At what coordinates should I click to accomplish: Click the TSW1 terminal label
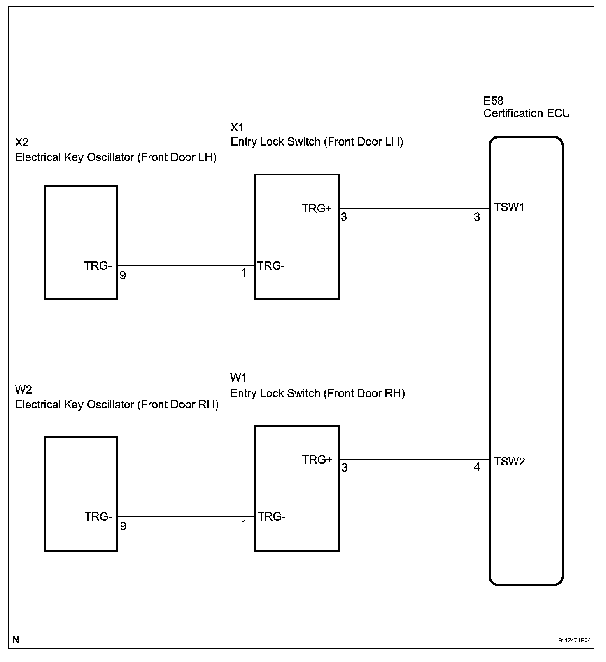pos(509,207)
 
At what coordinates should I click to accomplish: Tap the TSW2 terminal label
pos(510,462)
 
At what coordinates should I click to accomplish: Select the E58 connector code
pos(493,101)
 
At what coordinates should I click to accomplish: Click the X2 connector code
pos(22,143)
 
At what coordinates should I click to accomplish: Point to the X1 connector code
pos(237,127)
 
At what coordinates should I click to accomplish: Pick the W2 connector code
pos(23,390)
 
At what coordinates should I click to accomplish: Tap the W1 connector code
pos(238,378)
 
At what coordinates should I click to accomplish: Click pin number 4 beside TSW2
pos(477,467)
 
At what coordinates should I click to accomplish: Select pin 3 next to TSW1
pos(477,217)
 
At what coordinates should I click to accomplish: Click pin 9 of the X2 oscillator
pos(123,275)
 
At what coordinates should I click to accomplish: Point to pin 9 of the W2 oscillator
pos(123,526)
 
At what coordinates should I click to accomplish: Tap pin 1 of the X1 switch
pos(244,273)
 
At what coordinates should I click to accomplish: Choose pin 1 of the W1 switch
pos(244,524)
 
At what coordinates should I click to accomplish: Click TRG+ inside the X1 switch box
pos(317,209)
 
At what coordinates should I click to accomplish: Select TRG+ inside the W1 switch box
pos(317,460)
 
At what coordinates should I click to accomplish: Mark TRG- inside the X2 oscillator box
pos(98,266)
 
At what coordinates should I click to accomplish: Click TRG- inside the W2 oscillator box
pos(98,516)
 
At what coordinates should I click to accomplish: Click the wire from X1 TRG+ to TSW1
pos(414,209)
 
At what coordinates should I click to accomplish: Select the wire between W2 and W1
pos(186,516)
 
